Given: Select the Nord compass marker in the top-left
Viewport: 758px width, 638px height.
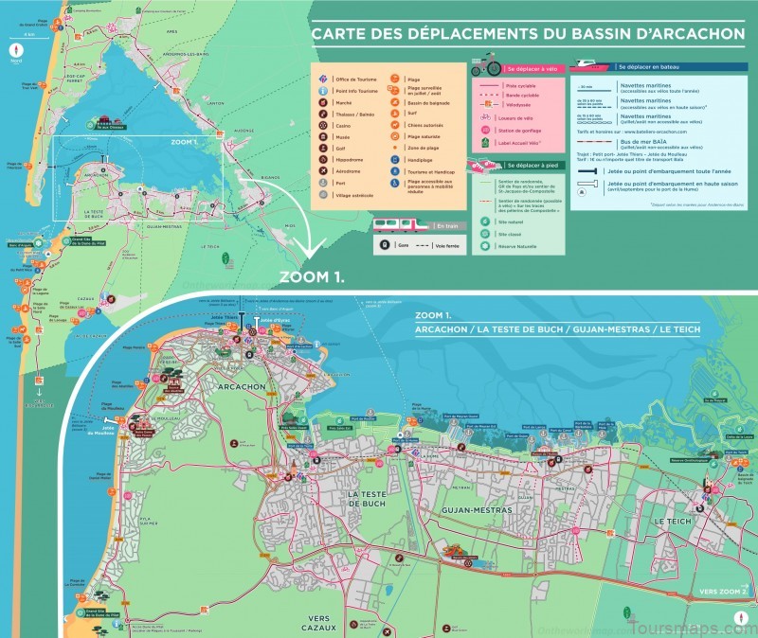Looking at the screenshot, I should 15,44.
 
